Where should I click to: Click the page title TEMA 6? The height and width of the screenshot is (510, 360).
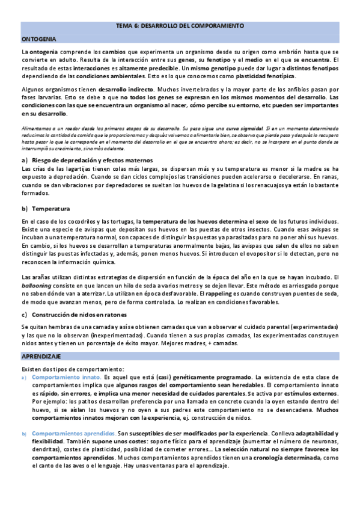(x=180, y=27)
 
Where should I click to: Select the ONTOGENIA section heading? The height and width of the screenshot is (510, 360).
(x=38, y=38)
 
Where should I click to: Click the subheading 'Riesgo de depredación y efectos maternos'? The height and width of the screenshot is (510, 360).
(x=95, y=161)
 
